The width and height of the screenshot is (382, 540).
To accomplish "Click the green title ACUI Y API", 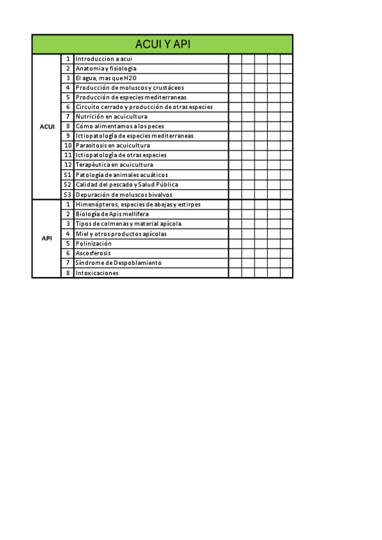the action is (163, 44).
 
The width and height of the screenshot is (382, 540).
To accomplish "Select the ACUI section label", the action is (47, 127).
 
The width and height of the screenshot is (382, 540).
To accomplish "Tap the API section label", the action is (47, 238).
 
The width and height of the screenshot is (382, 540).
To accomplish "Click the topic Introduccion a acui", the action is (103, 59).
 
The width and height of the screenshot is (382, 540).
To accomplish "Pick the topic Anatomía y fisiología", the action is (106, 68).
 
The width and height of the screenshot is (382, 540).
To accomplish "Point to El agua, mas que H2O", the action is (106, 78).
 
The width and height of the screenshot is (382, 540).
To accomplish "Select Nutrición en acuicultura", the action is (111, 117).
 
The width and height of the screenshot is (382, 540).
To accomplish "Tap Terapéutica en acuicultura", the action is (114, 165).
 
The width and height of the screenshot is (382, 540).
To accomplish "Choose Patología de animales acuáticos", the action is (121, 174).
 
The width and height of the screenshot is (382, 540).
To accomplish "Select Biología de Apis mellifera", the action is (116, 214).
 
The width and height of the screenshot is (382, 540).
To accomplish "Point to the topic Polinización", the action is (93, 243).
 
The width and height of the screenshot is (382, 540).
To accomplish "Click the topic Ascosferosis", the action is (92, 253).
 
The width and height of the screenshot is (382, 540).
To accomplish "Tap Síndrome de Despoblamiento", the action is (118, 262).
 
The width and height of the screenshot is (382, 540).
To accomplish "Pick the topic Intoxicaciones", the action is (97, 273).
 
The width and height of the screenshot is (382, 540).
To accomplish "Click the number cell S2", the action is (67, 185).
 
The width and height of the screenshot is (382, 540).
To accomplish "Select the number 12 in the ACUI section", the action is (68, 165).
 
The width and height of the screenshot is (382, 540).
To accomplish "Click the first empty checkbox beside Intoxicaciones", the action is (235, 273).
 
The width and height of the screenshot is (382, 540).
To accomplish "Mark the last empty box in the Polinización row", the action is (286, 243).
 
